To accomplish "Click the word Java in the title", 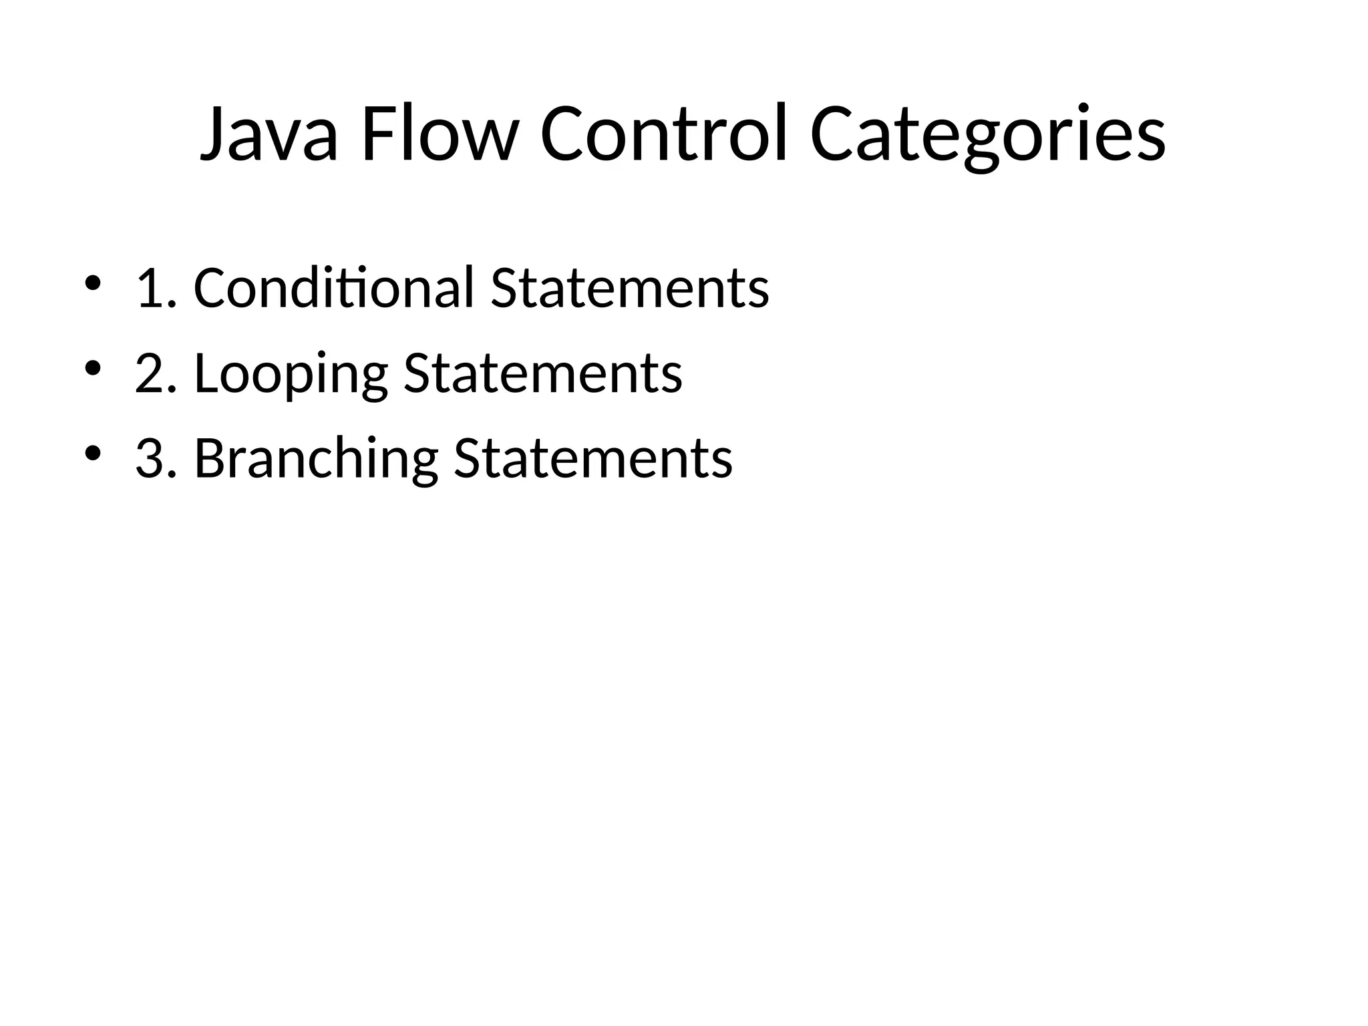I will click(269, 134).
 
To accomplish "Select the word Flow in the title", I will click(439, 134).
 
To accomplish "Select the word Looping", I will click(291, 374).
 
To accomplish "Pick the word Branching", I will click(316, 459).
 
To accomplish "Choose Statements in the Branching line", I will click(593, 459).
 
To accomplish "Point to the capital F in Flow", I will click(377, 134).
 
